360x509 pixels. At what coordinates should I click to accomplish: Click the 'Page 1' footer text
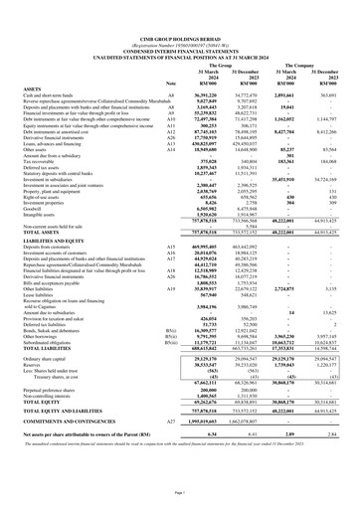(x=179, y=504)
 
